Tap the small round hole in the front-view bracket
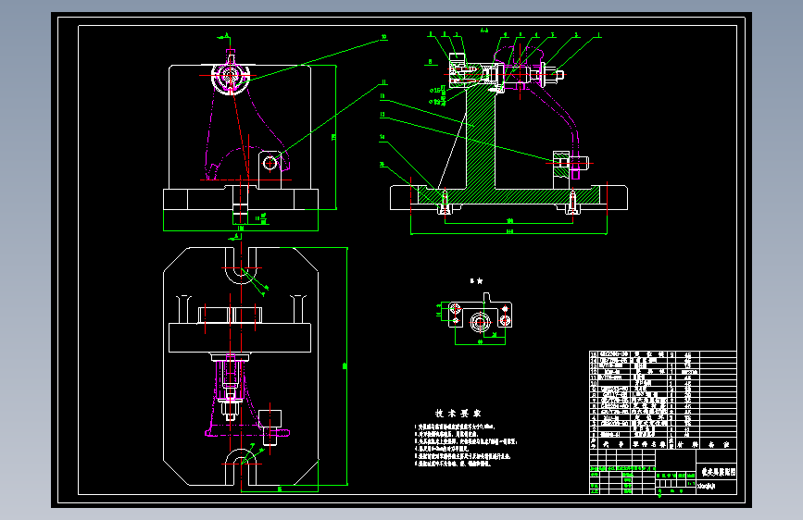270,163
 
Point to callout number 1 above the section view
598,35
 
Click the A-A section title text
484,31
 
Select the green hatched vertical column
482,139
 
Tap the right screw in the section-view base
574,202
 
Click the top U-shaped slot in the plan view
241,273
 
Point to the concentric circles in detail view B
481,322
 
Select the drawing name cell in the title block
717,471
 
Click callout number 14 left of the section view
381,138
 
